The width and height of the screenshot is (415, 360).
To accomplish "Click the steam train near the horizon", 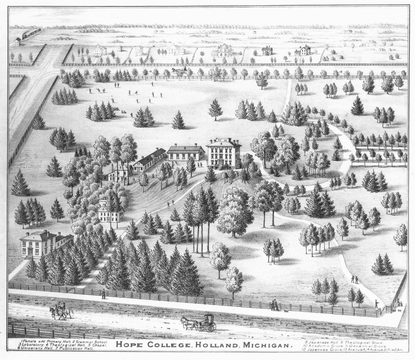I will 31,34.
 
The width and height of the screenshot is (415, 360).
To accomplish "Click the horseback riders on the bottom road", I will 61,311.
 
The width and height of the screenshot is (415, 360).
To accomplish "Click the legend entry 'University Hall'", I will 36,348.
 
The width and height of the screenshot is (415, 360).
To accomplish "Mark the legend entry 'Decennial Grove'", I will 377,346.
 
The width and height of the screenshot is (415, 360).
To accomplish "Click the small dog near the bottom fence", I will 286,311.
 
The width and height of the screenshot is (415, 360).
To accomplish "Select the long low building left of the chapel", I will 150,159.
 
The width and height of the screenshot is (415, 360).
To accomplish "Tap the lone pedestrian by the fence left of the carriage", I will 103,294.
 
